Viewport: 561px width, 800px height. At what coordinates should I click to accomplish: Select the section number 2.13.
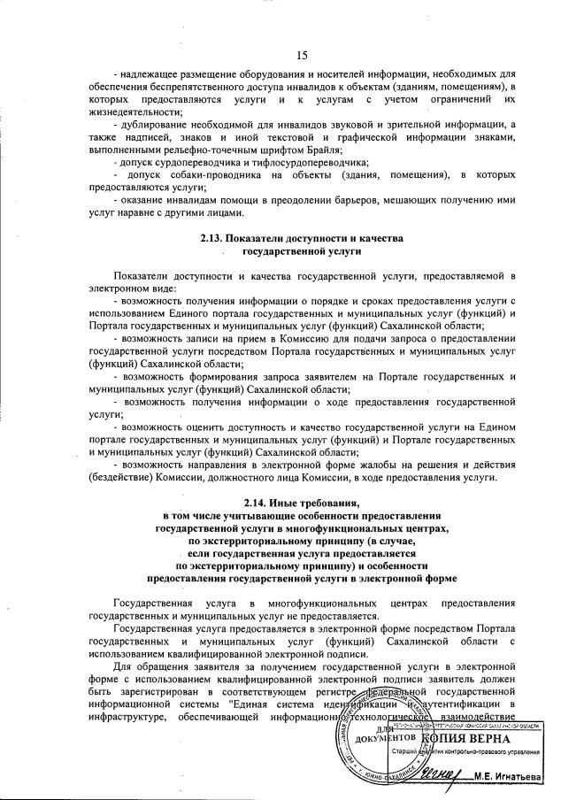213,239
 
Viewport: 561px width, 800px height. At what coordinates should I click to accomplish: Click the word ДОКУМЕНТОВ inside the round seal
386,737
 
